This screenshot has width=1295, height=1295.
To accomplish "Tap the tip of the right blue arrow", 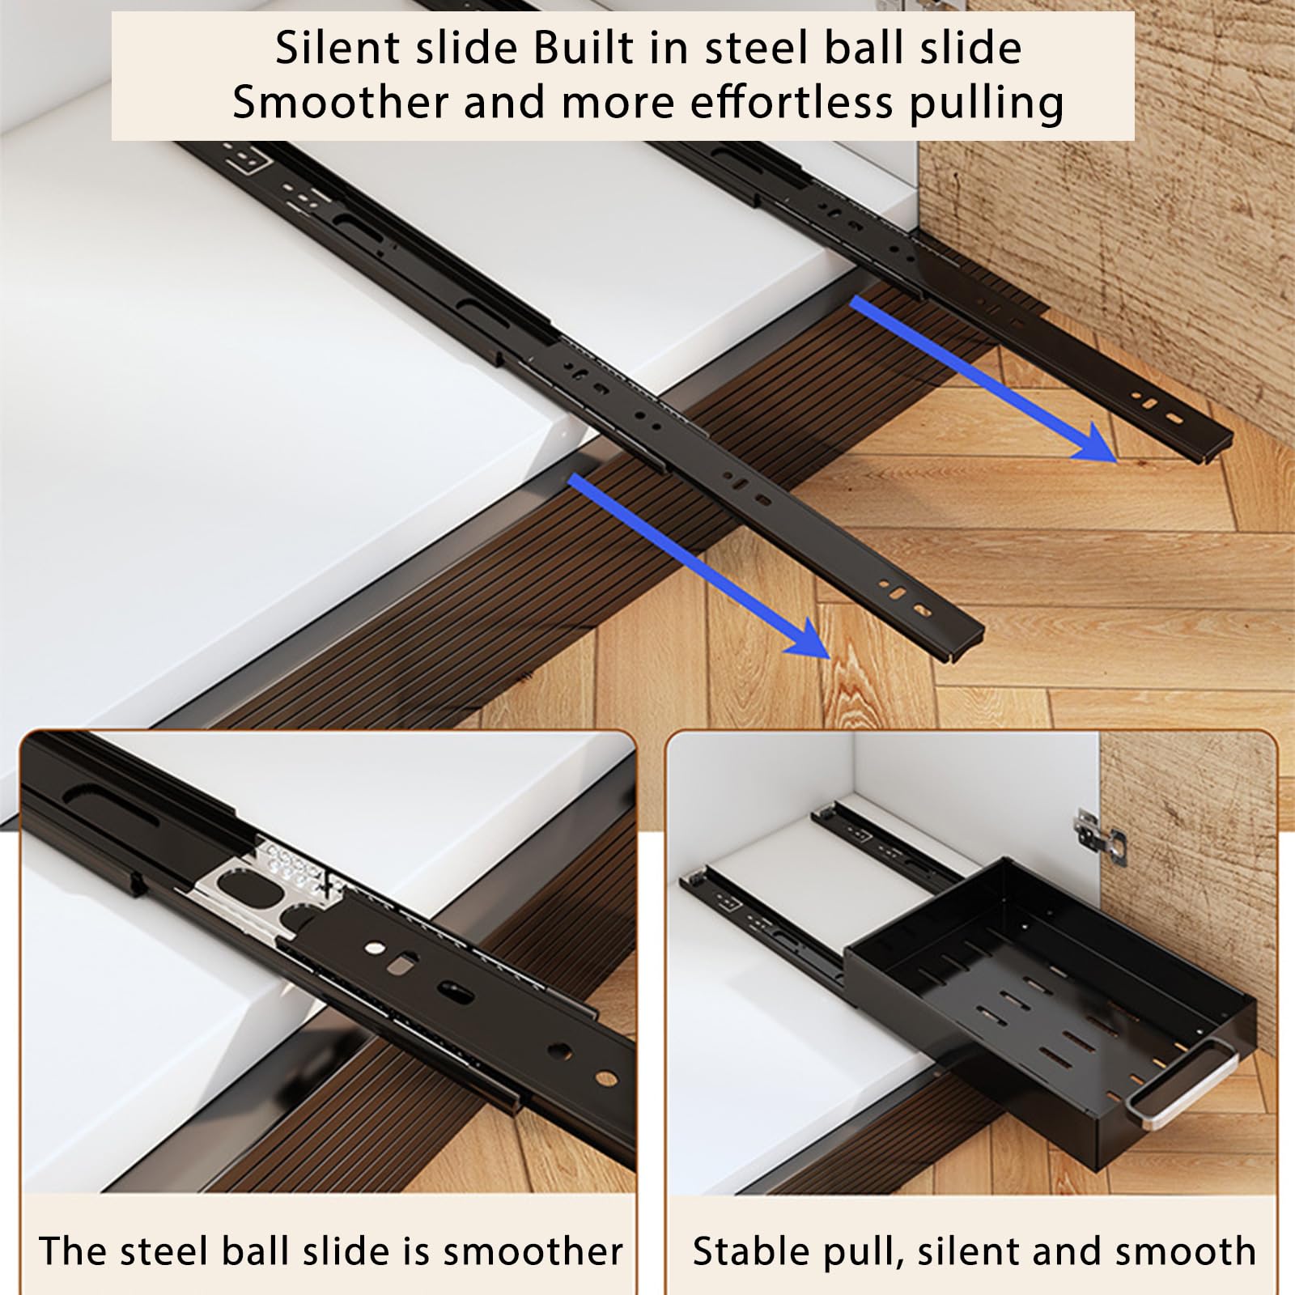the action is tap(1116, 462).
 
